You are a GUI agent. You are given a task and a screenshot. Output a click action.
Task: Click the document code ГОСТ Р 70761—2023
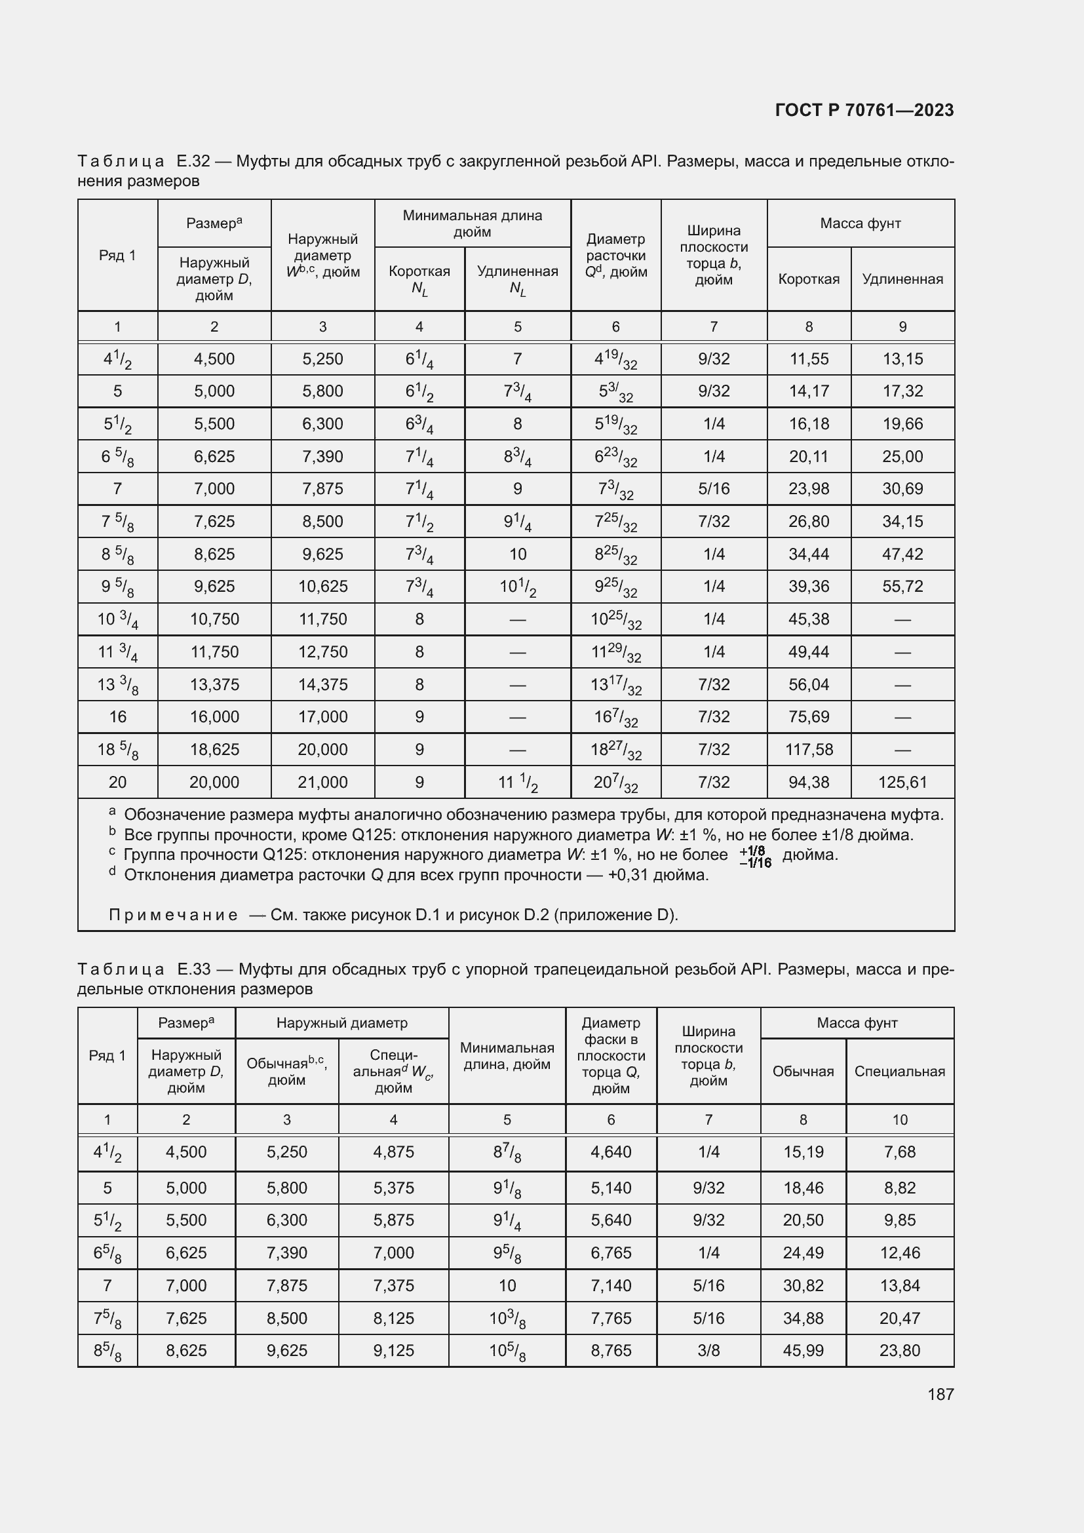click(x=864, y=110)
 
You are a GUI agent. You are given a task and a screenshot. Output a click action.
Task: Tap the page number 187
click(x=940, y=1393)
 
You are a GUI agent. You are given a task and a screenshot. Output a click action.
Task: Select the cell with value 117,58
click(x=808, y=749)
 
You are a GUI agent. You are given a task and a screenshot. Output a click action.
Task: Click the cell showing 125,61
click(x=902, y=782)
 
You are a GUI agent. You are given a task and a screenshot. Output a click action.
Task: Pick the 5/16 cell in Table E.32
click(x=714, y=489)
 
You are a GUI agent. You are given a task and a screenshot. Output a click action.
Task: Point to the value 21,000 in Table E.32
click(x=322, y=782)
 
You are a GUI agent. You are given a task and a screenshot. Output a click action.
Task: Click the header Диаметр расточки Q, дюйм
click(x=615, y=255)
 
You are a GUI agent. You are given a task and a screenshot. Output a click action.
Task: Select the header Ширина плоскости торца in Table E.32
click(x=714, y=255)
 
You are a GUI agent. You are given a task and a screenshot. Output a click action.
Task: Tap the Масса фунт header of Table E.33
click(x=857, y=1023)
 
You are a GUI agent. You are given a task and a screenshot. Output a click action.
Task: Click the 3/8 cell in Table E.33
click(x=708, y=1350)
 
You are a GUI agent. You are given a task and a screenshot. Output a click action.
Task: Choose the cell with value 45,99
click(x=803, y=1350)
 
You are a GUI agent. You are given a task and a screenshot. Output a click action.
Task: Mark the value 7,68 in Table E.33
click(x=899, y=1152)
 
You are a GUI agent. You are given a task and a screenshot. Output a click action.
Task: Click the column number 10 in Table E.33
click(x=899, y=1119)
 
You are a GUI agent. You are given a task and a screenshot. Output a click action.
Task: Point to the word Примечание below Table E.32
click(x=173, y=915)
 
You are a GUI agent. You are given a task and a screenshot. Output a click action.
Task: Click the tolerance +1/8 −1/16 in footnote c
click(x=755, y=857)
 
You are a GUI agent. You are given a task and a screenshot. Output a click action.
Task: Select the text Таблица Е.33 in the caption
click(x=144, y=969)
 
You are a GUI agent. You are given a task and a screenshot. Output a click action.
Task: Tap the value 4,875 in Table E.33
click(x=393, y=1152)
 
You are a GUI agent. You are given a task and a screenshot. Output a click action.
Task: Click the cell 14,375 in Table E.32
click(x=322, y=684)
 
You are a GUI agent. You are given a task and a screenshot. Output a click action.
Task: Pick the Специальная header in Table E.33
click(x=899, y=1072)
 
